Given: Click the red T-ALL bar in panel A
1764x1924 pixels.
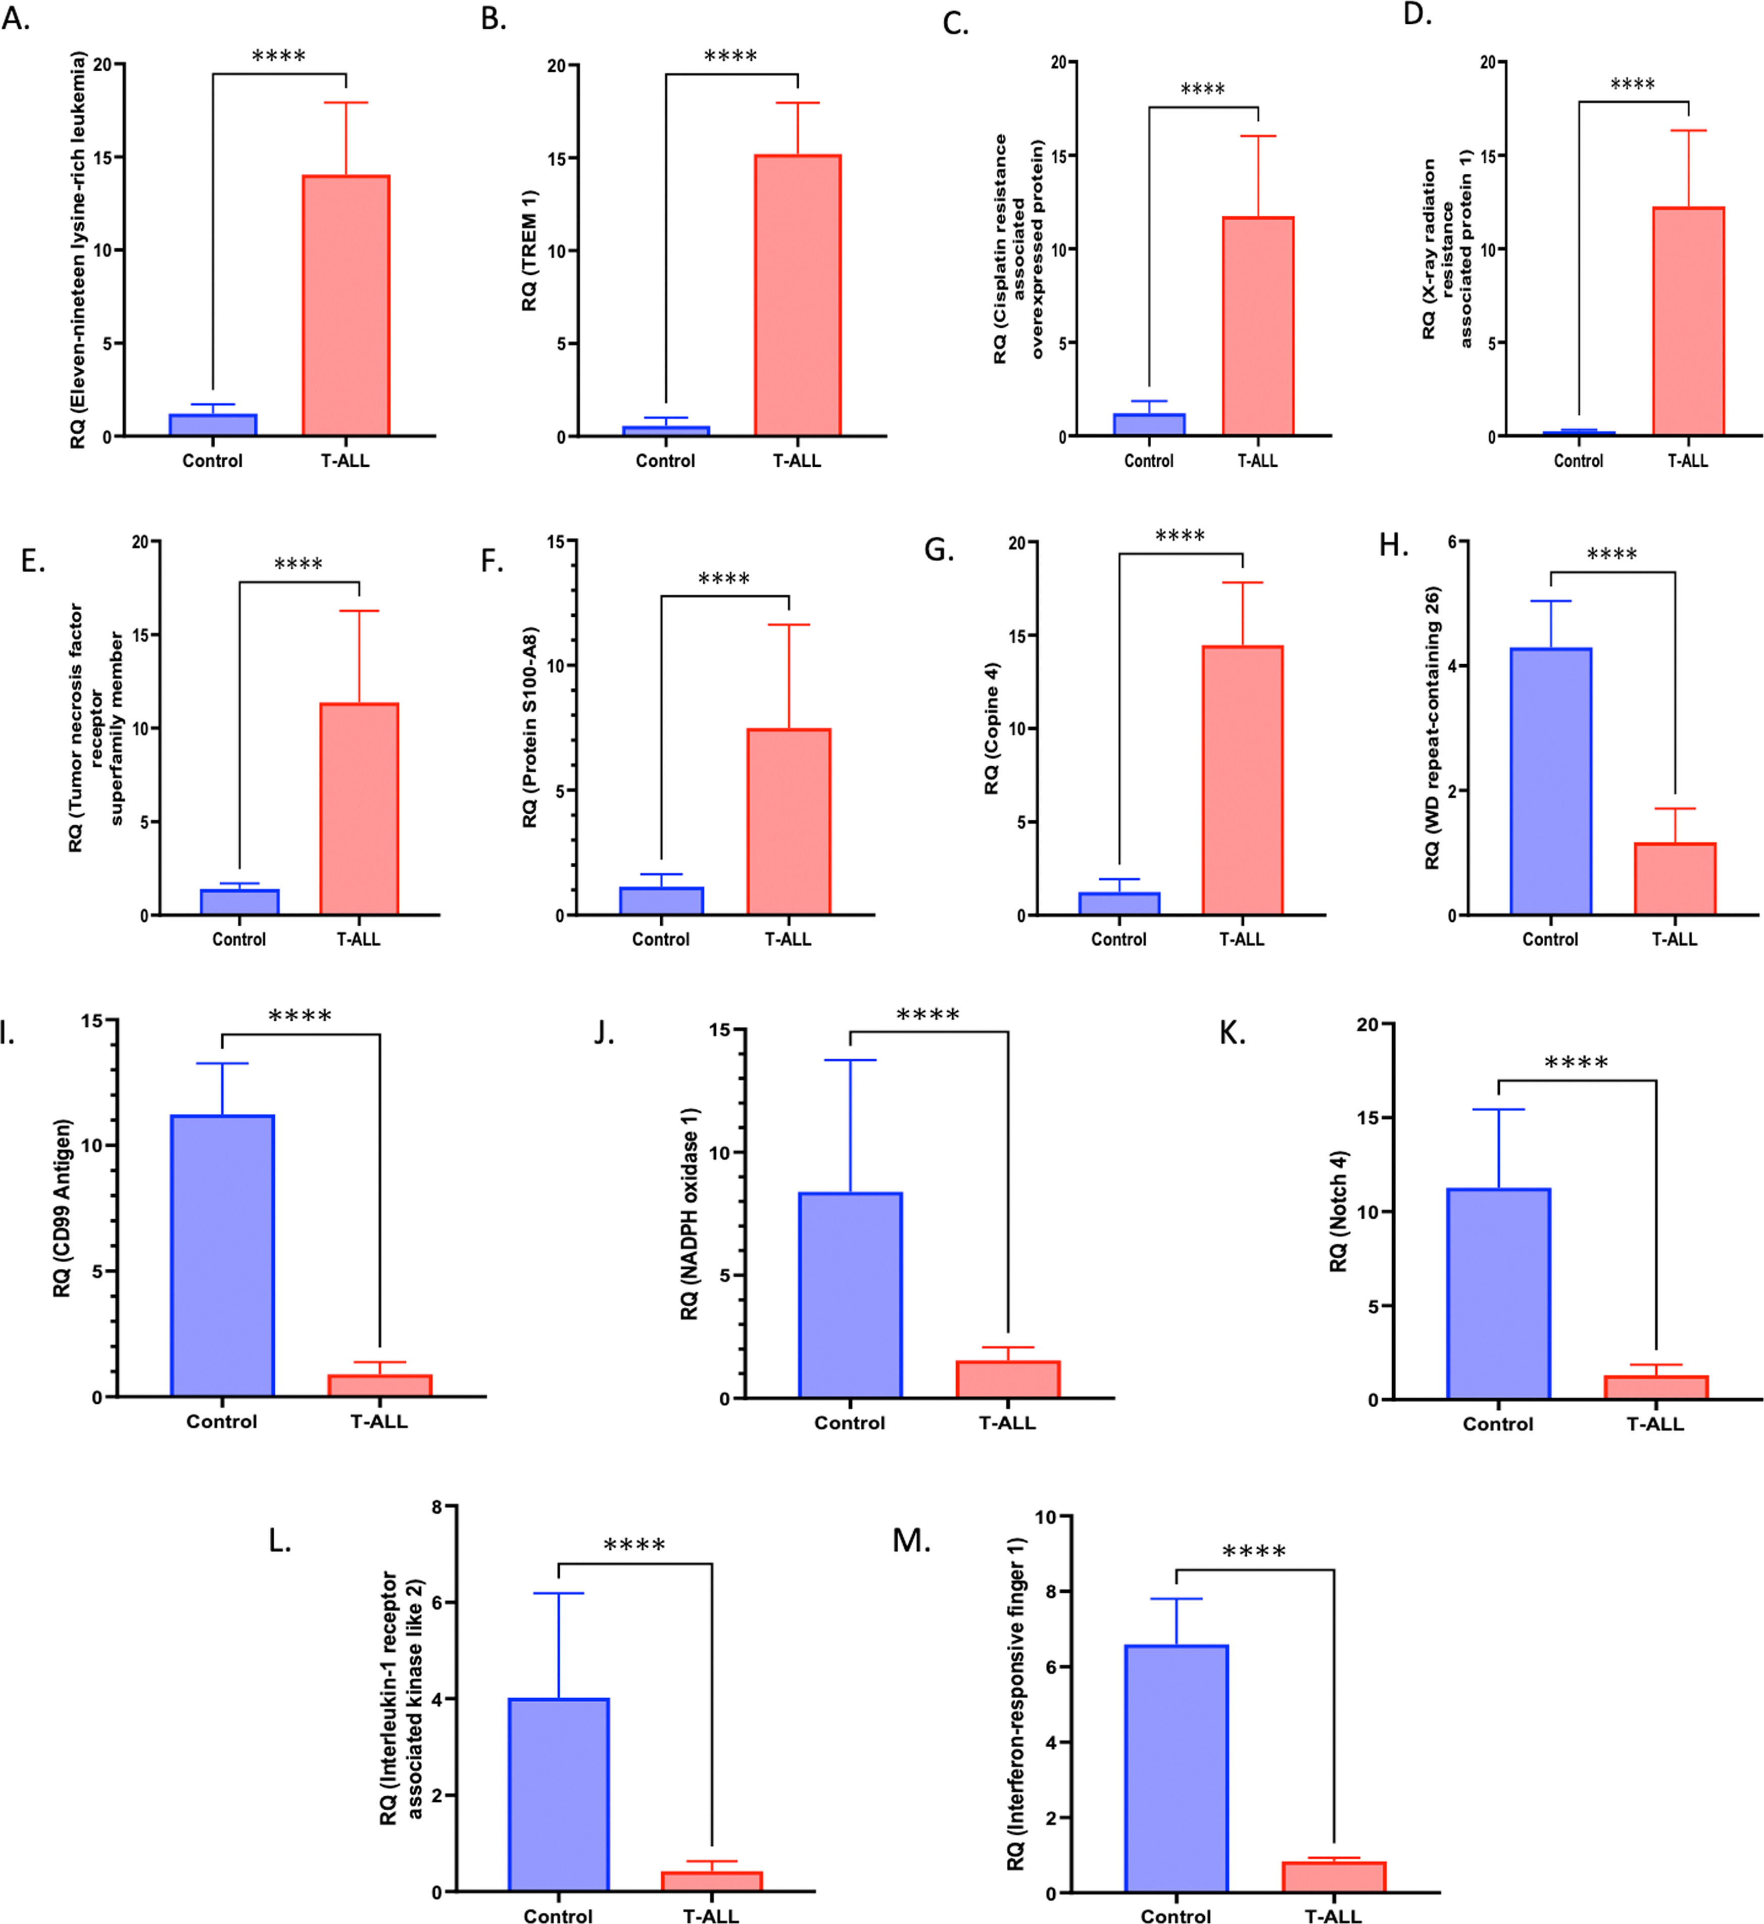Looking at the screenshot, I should coord(346,306).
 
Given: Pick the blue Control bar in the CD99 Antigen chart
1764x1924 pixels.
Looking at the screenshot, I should coord(222,1255).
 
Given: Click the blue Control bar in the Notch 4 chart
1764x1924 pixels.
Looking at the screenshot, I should coord(1498,1293).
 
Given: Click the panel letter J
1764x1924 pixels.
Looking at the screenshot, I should coord(603,1032).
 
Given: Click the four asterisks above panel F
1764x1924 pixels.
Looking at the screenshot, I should coord(723,578).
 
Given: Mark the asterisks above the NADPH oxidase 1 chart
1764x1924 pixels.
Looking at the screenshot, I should coord(928,1014).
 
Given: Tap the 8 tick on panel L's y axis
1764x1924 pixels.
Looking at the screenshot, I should coord(437,1506).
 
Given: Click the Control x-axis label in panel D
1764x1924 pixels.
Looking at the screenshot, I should coord(1578,461).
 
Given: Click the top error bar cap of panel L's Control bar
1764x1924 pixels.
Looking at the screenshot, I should coord(558,1593).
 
